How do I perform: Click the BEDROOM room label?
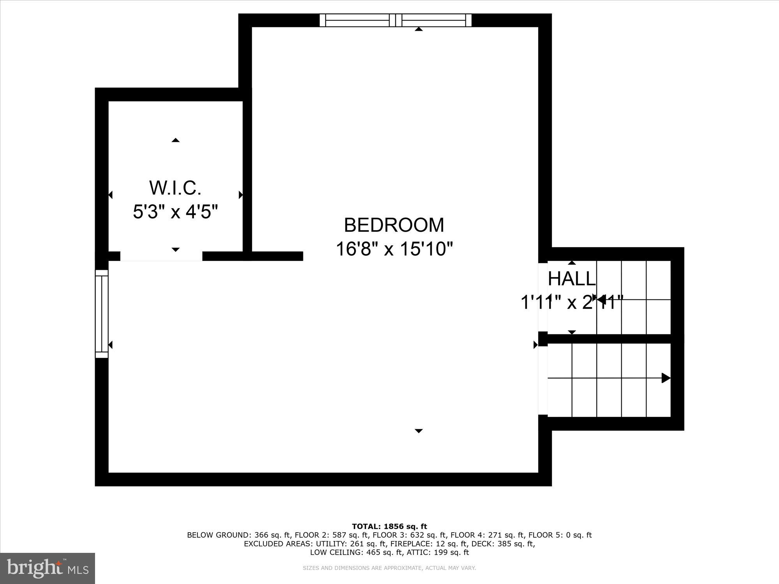point(394,225)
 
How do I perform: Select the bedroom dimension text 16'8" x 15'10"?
point(394,249)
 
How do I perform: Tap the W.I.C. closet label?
point(175,188)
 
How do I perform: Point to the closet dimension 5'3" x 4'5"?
point(175,212)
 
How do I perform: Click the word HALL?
point(571,279)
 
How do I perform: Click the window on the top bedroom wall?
point(395,20)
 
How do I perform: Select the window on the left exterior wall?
point(102,314)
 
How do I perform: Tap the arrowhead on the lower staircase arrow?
point(666,378)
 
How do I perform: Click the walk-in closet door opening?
point(161,256)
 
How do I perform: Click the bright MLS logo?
point(48,568)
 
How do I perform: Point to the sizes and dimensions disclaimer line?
point(389,568)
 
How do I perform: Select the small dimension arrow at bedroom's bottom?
point(419,431)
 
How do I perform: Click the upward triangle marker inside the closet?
point(176,140)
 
